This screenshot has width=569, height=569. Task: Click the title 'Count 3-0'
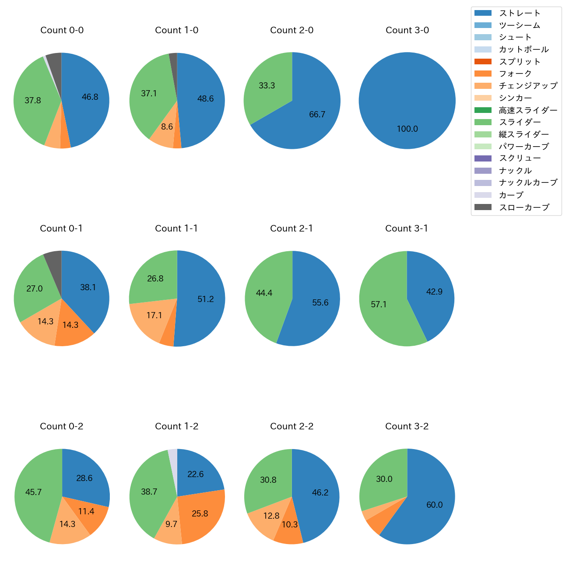[407, 30]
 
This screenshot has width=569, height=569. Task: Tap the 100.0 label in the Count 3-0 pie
[407, 129]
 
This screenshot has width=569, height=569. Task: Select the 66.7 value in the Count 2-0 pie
[317, 115]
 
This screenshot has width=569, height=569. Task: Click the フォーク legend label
[515, 74]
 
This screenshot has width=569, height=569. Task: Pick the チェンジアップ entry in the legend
[528, 86]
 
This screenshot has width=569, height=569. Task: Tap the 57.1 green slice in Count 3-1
[379, 304]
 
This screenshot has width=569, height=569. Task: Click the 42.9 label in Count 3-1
[434, 292]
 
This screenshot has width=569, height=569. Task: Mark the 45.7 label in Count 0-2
[33, 492]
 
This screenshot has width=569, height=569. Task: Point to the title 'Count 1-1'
[176, 228]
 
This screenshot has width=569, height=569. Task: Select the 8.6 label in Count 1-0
[167, 127]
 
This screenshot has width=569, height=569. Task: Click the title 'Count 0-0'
[62, 30]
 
